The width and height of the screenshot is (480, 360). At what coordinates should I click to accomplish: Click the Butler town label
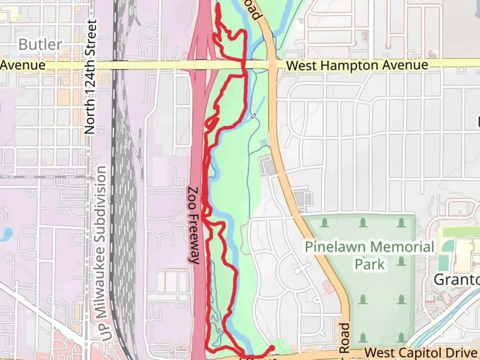(40, 44)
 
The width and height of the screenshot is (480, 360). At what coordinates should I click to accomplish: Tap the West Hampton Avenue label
(357, 65)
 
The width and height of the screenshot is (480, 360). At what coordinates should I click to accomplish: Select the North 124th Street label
(91, 77)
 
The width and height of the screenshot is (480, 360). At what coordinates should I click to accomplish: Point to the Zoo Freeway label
(194, 225)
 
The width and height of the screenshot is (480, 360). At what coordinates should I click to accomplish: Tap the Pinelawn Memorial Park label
(370, 255)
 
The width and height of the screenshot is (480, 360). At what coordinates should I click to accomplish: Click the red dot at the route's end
(272, 348)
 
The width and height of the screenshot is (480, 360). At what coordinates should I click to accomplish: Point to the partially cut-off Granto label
(457, 280)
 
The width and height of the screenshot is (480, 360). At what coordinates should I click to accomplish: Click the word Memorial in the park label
(402, 247)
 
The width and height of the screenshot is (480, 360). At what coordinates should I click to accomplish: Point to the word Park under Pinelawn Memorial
(370, 264)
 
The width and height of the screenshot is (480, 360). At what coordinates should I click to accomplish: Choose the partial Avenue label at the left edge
(23, 65)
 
